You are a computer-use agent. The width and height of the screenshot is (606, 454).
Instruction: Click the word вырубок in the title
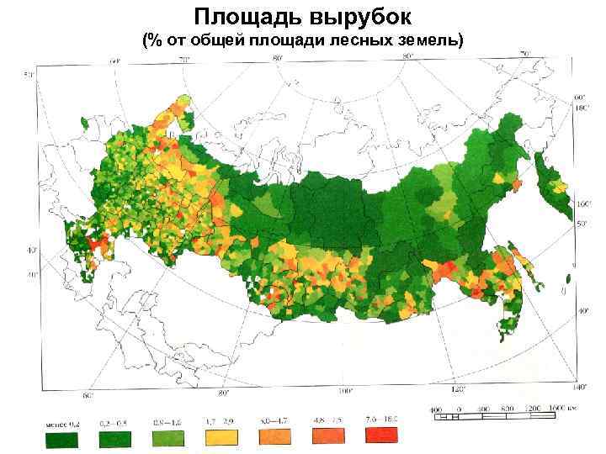coord(358,17)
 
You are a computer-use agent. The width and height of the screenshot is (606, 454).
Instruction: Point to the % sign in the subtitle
coord(153,40)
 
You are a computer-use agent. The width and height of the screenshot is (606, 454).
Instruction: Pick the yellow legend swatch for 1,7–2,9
coord(221,436)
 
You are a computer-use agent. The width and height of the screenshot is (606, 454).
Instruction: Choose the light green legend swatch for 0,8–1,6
coord(167,436)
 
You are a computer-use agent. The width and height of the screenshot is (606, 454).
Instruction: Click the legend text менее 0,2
coord(61,420)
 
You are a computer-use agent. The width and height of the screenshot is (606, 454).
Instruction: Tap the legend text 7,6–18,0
coord(380,419)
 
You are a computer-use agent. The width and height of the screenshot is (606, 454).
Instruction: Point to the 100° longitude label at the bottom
coord(345,391)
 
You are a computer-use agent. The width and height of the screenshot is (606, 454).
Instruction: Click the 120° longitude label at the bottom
coord(458,390)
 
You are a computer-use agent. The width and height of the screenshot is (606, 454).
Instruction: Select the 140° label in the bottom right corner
coord(580,388)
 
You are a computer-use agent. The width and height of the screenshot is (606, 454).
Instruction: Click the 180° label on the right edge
coord(580,108)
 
